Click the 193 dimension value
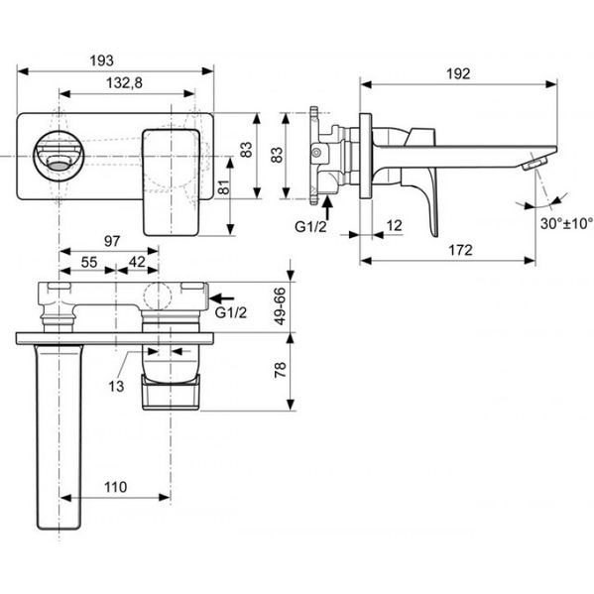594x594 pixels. [101, 60]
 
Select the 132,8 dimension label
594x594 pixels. [124, 82]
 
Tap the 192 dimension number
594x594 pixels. [458, 73]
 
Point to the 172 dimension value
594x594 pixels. [460, 250]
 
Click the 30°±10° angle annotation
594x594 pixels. [566, 223]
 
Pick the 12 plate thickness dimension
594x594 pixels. [394, 225]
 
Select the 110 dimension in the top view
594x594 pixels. [116, 487]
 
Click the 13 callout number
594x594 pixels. [116, 386]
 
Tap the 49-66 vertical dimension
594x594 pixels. [280, 305]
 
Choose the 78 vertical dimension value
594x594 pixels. [280, 370]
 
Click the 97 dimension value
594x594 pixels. [112, 241]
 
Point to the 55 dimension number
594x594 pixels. [89, 262]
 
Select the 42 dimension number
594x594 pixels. [137, 262]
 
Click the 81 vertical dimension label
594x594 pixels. [224, 186]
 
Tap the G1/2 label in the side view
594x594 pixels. [310, 227]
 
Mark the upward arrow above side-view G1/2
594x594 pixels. [327, 208]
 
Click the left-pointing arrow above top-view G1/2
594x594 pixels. [221, 298]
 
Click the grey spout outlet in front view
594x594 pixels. [59, 166]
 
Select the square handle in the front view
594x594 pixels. [172, 182]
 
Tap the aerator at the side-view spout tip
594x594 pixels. [535, 164]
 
